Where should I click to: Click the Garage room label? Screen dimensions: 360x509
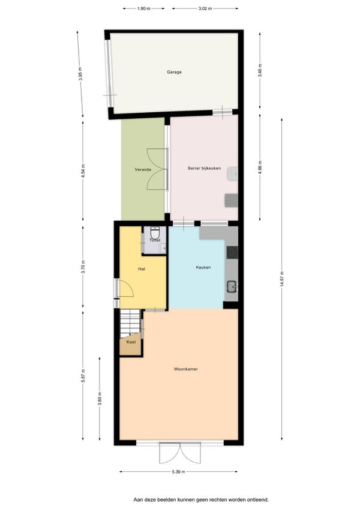tap(174, 72)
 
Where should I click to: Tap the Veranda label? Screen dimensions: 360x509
tap(143, 169)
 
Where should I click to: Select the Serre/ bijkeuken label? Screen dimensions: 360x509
tap(204, 168)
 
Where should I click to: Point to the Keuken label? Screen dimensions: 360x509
tap(203, 267)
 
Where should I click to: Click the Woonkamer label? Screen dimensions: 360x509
tap(185, 369)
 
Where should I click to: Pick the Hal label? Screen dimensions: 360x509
tap(142, 269)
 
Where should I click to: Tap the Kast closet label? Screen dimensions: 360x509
tap(131, 342)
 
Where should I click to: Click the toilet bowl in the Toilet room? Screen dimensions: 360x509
tap(155, 232)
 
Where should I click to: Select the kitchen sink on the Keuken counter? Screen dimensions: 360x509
tap(232, 286)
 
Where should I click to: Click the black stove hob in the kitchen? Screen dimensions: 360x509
tap(232, 253)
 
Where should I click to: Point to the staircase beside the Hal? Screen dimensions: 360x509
tap(130, 323)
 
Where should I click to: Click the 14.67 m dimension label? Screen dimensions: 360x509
tap(282, 279)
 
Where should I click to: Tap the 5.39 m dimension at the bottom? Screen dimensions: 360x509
tap(179, 472)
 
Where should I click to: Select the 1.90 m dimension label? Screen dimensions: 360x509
tap(143, 9)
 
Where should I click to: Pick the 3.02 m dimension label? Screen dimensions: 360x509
tap(205, 9)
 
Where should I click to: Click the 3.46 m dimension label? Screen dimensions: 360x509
tap(260, 70)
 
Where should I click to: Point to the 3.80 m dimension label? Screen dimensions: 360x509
tap(100, 399)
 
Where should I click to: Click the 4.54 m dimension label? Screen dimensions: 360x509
tap(83, 170)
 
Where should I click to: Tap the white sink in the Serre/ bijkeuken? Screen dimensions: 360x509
tap(232, 174)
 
